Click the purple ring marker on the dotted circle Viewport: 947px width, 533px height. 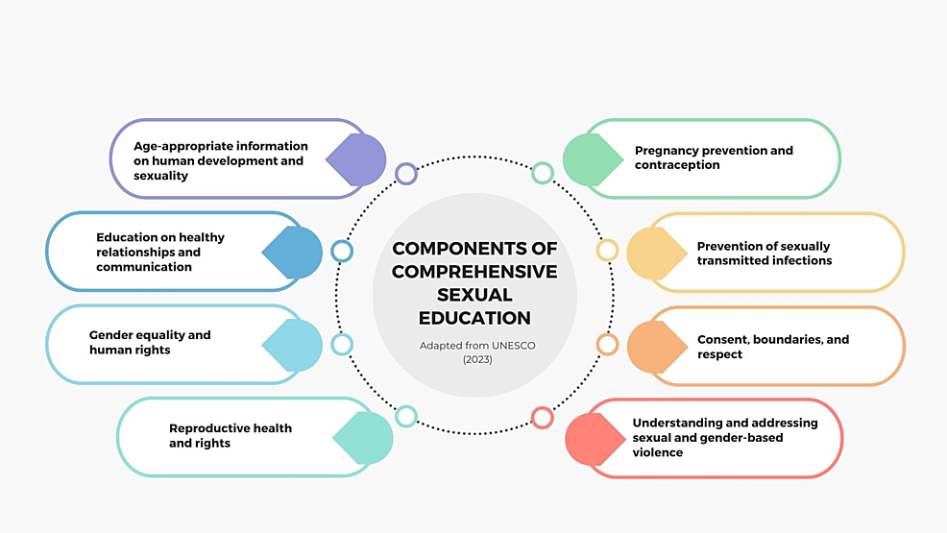click(x=406, y=174)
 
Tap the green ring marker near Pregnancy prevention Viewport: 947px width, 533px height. click(x=543, y=174)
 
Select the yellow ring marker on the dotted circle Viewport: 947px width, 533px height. click(x=607, y=251)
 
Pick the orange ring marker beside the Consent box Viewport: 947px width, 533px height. click(x=607, y=344)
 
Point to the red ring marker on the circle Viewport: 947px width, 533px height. click(x=543, y=418)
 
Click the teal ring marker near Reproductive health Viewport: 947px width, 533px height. click(x=406, y=417)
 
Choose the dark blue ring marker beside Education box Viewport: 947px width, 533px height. click(x=342, y=251)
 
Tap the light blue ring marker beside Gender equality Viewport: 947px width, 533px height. click(x=342, y=344)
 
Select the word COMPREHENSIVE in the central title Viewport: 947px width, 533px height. click(x=474, y=271)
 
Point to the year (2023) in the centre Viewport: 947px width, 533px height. click(x=474, y=359)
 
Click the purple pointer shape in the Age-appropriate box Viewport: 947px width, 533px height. click(x=357, y=159)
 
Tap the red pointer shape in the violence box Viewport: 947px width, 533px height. click(x=595, y=439)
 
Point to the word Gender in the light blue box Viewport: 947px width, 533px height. click(x=110, y=335)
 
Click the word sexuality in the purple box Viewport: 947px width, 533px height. click(x=160, y=176)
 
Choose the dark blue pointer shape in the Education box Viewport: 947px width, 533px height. click(x=293, y=253)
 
